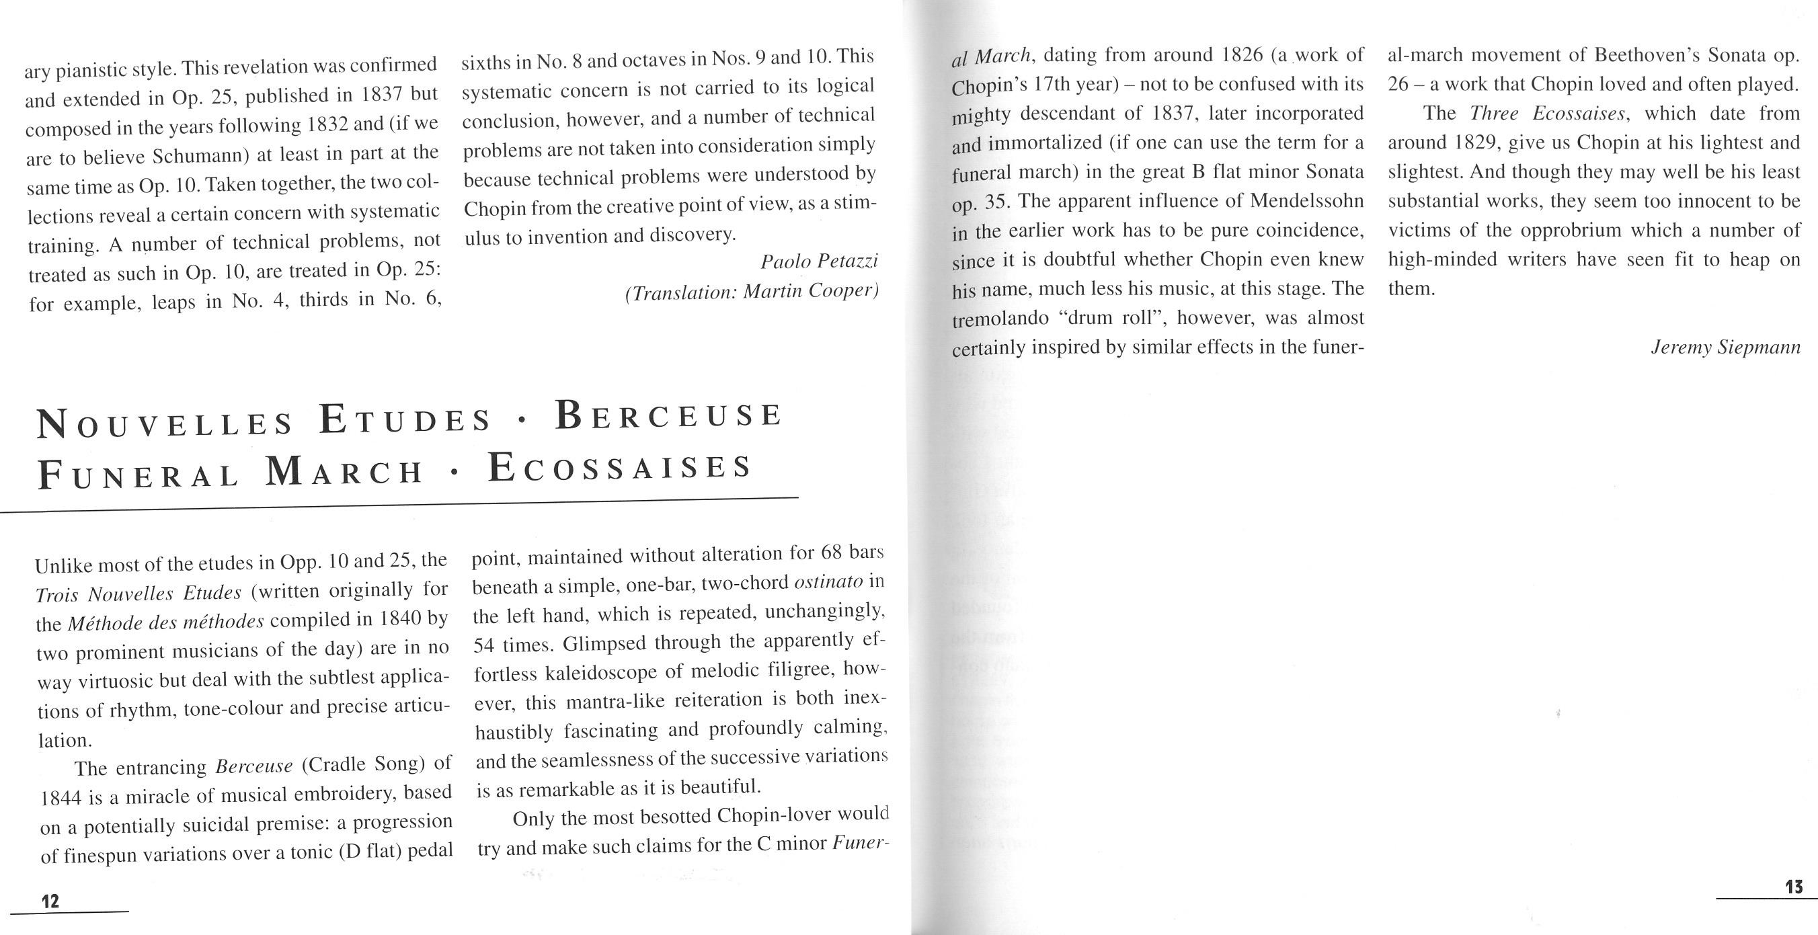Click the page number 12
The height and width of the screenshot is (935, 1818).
50,901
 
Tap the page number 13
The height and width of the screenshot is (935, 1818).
1793,887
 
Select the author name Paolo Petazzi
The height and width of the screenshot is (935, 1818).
819,261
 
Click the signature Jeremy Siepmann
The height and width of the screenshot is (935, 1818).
1725,348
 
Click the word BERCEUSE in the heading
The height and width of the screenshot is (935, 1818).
668,415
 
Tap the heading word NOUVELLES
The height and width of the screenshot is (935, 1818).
165,423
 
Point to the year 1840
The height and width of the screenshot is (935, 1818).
400,619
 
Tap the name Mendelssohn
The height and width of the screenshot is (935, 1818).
1306,201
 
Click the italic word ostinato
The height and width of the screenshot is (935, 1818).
828,582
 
